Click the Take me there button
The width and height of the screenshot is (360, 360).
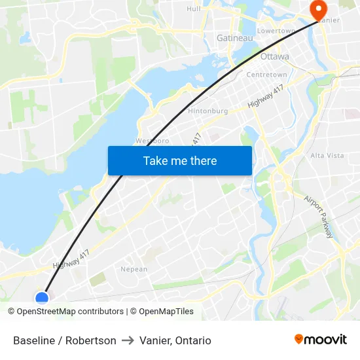[180, 160]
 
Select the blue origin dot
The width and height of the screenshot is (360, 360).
[42, 298]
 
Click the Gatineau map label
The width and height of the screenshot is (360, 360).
[234, 39]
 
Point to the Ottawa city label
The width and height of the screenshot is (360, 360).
[274, 56]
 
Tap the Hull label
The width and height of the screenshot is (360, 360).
[194, 9]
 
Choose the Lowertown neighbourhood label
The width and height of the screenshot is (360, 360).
[276, 31]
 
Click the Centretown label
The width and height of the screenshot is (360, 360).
[266, 75]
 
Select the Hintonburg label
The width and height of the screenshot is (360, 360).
[207, 111]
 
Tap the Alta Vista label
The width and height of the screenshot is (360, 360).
[327, 156]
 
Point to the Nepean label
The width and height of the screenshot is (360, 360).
[134, 269]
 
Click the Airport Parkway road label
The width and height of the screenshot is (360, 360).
[319, 215]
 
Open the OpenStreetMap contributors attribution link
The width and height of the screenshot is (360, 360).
[69, 312]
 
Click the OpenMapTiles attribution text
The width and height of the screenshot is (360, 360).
[166, 312]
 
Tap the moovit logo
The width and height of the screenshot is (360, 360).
[321, 339]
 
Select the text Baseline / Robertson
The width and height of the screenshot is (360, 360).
[65, 340]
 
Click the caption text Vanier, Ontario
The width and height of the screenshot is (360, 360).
[175, 340]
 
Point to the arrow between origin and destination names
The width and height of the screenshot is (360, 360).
[128, 340]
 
